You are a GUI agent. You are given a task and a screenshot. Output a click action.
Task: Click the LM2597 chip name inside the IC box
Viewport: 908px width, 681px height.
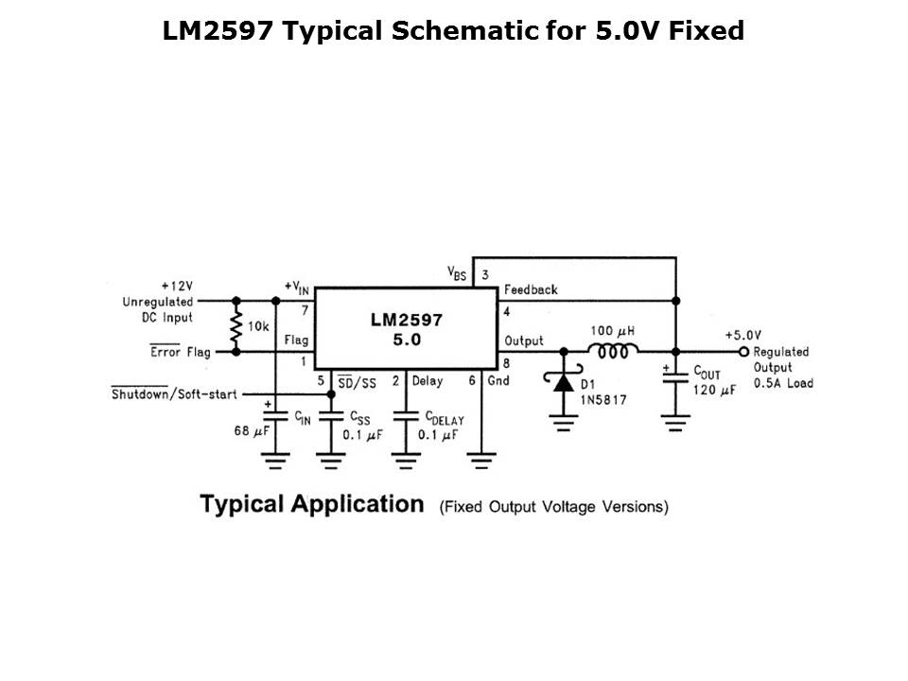(406, 320)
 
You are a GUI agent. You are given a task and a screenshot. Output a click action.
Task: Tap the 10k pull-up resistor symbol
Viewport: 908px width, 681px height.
(236, 326)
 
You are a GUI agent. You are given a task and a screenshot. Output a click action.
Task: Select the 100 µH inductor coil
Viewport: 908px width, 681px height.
(613, 351)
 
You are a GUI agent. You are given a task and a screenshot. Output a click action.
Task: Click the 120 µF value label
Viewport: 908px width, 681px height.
(714, 390)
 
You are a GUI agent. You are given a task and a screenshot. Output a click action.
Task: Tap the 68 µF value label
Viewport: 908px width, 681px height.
(253, 431)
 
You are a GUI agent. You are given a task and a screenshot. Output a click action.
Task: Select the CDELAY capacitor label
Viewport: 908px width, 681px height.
(444, 417)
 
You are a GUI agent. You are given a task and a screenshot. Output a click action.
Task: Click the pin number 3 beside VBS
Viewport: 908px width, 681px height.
(484, 275)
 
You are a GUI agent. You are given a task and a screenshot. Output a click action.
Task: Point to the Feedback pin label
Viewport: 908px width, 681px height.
(531, 289)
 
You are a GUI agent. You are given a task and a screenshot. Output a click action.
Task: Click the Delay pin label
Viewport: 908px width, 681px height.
(427, 381)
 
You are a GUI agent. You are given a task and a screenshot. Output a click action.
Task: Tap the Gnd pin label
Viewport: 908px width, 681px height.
(498, 381)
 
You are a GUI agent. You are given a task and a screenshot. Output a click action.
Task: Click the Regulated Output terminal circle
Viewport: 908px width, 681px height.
(743, 351)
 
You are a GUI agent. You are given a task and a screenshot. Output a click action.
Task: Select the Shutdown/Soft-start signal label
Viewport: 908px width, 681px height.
(174, 393)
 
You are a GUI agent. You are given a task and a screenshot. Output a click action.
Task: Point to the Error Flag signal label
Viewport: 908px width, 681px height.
(181, 352)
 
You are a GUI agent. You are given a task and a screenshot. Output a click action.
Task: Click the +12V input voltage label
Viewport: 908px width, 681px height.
(177, 285)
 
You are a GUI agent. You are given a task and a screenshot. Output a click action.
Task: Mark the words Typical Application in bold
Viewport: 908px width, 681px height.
(311, 503)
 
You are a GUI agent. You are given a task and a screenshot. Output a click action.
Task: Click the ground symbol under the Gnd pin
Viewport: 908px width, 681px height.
(481, 461)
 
